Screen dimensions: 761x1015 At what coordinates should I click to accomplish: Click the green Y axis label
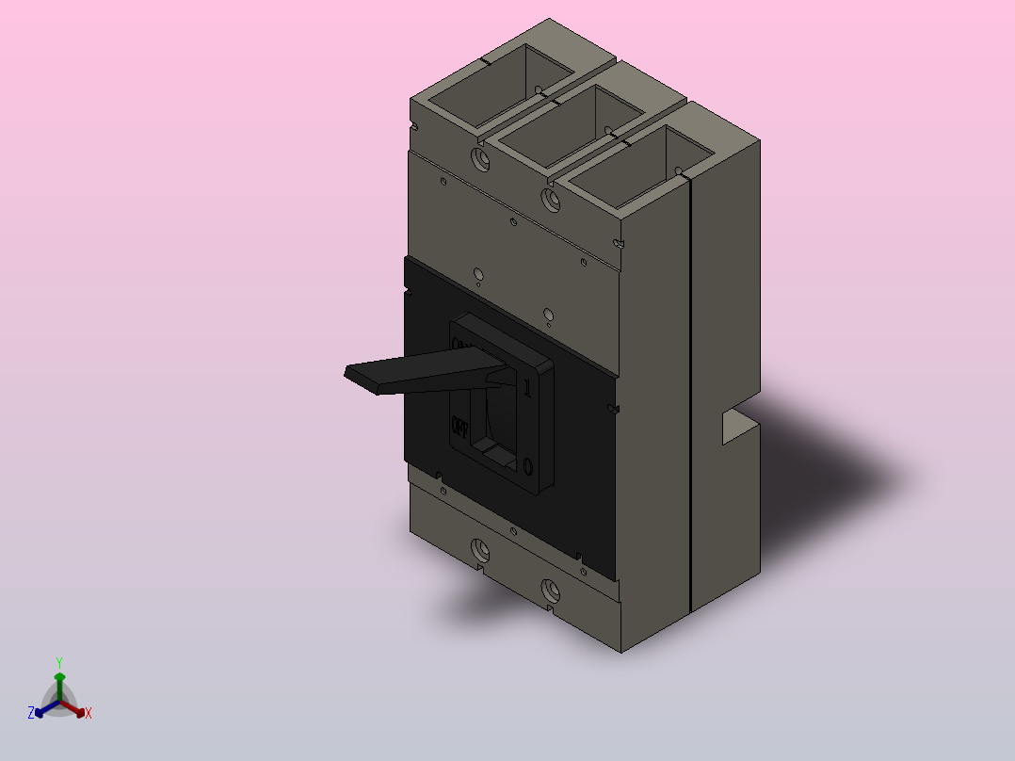[59, 662]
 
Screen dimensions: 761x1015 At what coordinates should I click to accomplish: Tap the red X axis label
[89, 714]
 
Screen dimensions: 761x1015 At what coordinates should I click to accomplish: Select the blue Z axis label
[31, 714]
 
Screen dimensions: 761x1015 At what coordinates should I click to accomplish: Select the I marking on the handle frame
[527, 385]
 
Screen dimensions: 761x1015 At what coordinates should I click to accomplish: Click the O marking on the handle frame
[527, 465]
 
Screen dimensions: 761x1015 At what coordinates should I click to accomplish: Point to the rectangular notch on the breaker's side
[738, 427]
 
